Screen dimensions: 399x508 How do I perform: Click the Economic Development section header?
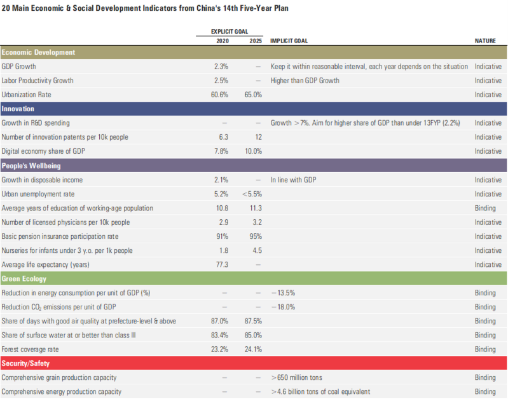pyautogui.click(x=39, y=52)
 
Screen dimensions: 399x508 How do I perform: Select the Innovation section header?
pyautogui.click(x=18, y=109)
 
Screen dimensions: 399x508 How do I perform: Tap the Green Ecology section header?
pyautogui.click(x=24, y=279)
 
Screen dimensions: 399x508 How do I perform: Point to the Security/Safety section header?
pyautogui.click(x=26, y=363)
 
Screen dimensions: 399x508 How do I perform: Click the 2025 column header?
pyautogui.click(x=255, y=40)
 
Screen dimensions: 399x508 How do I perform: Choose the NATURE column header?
pyautogui.click(x=485, y=40)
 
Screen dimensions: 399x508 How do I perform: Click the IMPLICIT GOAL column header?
pyautogui.click(x=289, y=40)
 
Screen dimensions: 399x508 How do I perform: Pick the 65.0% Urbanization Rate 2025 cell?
pyautogui.click(x=254, y=95)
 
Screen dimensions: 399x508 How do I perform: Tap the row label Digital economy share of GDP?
pyautogui.click(x=43, y=151)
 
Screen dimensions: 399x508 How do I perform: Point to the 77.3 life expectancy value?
pyautogui.click(x=222, y=264)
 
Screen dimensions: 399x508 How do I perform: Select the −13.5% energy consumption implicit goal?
pyautogui.click(x=284, y=293)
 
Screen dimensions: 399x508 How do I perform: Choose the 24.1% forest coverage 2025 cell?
pyautogui.click(x=254, y=349)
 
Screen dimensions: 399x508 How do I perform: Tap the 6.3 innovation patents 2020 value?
pyautogui.click(x=224, y=137)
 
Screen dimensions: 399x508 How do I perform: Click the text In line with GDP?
pyautogui.click(x=293, y=180)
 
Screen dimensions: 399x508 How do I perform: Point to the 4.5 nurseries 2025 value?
pyautogui.click(x=256, y=250)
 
